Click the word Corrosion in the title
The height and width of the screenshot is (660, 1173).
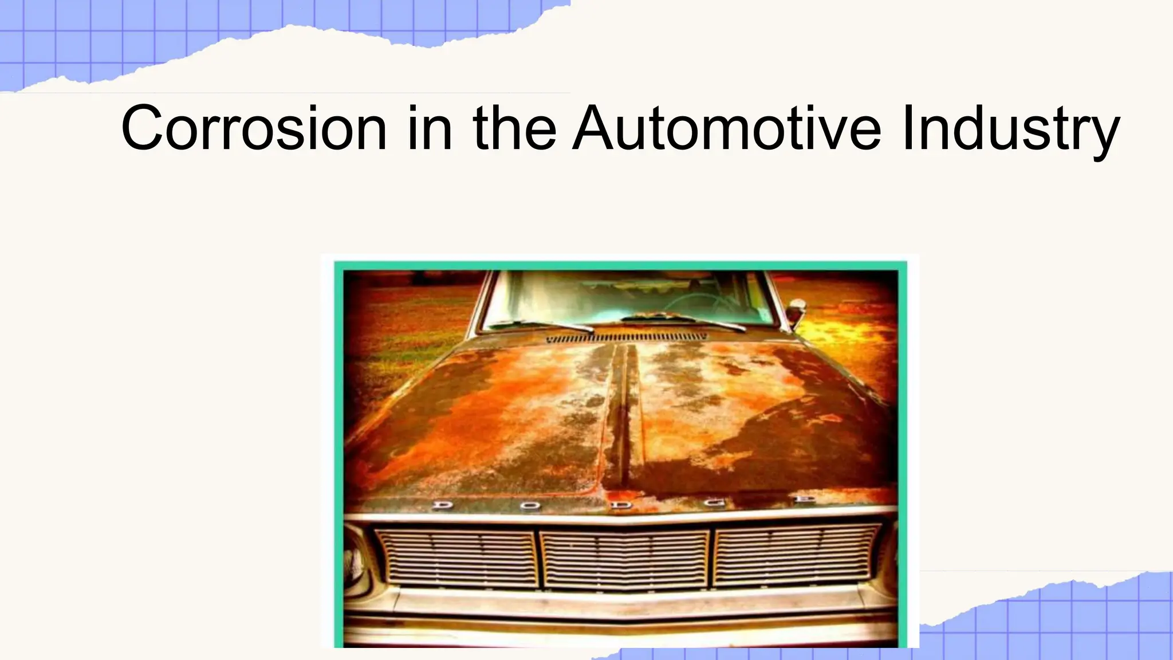(254, 128)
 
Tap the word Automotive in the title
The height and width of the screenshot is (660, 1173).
(727, 128)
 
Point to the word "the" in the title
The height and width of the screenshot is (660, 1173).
(514, 128)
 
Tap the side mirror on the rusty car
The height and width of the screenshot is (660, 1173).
(794, 312)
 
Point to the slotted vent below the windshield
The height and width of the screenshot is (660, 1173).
(625, 339)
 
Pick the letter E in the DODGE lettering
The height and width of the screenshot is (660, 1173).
(807, 501)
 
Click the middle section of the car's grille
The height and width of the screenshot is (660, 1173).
(624, 558)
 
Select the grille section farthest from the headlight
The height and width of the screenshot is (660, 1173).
(796, 556)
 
